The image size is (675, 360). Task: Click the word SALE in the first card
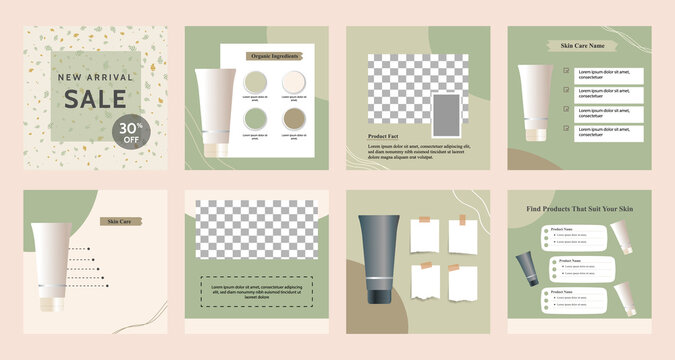point(96,99)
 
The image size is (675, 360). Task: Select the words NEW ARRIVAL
point(96,76)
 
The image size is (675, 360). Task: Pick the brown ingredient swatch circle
point(294,120)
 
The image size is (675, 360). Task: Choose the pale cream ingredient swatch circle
point(294,81)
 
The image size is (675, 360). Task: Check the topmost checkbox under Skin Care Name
point(567,72)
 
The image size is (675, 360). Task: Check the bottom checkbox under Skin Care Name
point(567,127)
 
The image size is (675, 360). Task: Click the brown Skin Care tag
point(120,220)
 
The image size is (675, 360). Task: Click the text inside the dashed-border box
point(256,291)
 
